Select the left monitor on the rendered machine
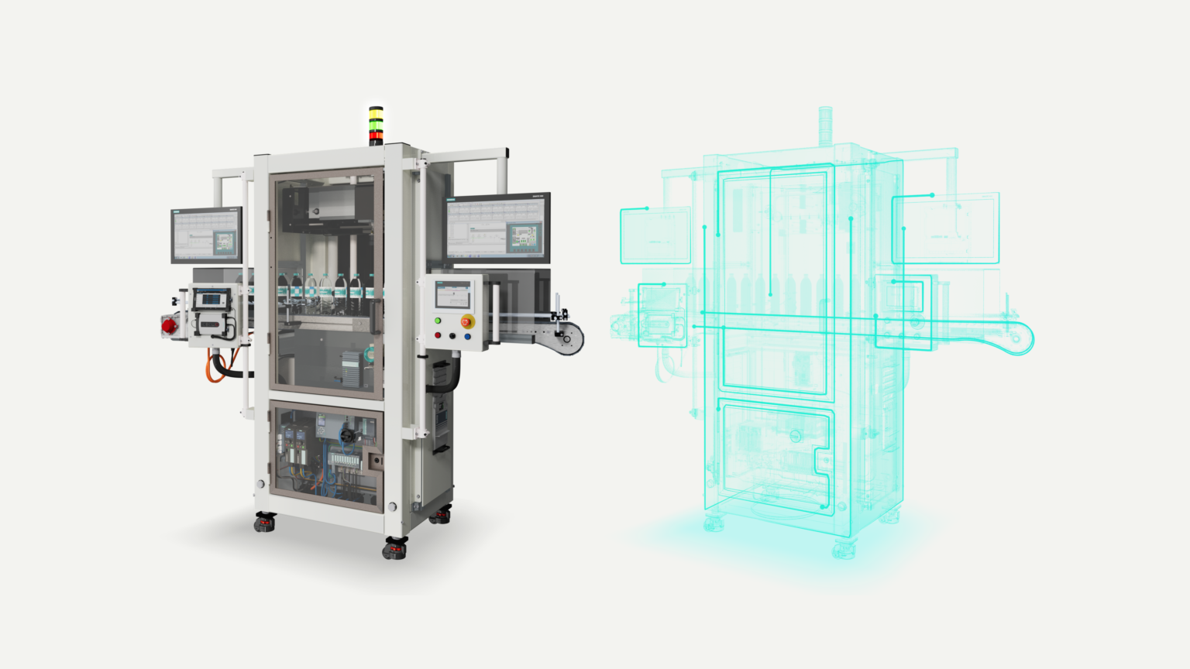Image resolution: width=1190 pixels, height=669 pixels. (x=206, y=235)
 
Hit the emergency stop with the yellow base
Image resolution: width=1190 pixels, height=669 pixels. (x=467, y=321)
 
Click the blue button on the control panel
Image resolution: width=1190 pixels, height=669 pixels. (x=467, y=337)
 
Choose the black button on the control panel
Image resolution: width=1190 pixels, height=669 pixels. (x=452, y=336)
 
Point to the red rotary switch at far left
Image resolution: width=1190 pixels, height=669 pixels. (x=169, y=326)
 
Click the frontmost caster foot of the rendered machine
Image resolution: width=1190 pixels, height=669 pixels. (x=395, y=549)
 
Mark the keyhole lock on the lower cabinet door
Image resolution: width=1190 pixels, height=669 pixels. (x=377, y=460)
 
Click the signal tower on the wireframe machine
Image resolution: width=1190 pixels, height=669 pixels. (x=825, y=124)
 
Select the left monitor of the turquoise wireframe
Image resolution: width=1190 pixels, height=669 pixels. (x=655, y=235)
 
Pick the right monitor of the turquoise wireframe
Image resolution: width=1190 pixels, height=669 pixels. (x=945, y=228)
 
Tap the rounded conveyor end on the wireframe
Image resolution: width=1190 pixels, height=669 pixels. (x=1020, y=338)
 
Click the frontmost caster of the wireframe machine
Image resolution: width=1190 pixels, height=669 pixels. (x=844, y=550)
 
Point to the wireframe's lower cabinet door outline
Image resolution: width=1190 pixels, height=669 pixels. (x=775, y=457)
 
